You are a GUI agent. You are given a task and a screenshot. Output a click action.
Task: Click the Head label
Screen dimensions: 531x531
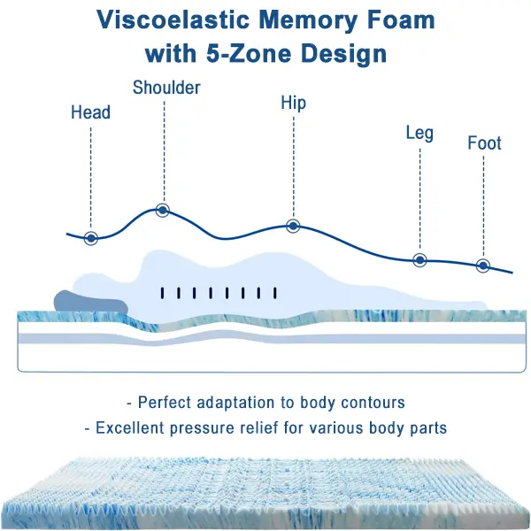pyautogui.click(x=90, y=112)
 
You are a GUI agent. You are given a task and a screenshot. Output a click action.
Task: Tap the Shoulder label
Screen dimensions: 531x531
pyautogui.click(x=166, y=88)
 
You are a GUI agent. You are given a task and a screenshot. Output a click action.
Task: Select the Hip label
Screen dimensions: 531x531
pyautogui.click(x=293, y=104)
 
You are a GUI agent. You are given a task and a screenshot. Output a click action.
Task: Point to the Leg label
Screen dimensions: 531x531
pyautogui.click(x=419, y=133)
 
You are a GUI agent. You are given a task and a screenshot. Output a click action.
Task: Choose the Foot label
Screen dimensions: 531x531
pyautogui.click(x=484, y=143)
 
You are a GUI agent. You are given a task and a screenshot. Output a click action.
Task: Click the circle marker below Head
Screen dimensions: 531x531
pyautogui.click(x=90, y=238)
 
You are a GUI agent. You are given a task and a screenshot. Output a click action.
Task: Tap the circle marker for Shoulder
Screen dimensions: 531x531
pyautogui.click(x=163, y=210)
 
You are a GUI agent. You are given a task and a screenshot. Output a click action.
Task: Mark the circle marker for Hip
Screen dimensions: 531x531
pyautogui.click(x=293, y=226)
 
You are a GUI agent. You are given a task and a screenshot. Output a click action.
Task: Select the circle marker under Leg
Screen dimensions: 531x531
pyautogui.click(x=419, y=260)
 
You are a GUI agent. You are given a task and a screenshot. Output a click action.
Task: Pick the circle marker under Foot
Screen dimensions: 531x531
pyautogui.click(x=483, y=265)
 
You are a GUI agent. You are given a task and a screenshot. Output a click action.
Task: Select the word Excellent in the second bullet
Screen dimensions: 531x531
pyautogui.click(x=130, y=428)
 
